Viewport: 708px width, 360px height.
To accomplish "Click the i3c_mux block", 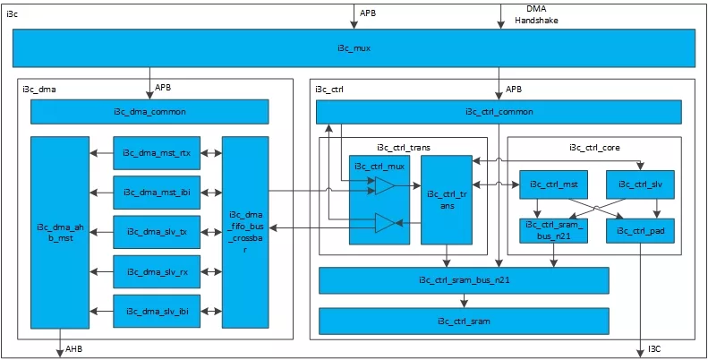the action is (354, 47).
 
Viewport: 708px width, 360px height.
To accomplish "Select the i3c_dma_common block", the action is (149, 112).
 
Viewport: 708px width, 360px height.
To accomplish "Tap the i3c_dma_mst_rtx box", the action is (157, 152).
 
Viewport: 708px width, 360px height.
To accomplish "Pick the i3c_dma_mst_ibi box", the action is (157, 193).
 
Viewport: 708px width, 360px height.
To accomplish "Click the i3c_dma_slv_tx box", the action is (157, 232).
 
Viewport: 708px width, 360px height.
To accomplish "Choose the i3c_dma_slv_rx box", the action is (157, 271).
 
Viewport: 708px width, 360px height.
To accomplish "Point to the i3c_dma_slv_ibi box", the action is (157, 312).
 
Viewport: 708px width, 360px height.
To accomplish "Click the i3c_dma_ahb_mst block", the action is (60, 232).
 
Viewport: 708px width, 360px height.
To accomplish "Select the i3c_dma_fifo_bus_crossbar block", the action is (245, 232).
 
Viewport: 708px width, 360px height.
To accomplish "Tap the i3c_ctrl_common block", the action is (499, 112).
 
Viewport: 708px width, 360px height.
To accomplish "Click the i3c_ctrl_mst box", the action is (553, 184).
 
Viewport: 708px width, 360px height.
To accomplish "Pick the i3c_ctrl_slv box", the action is (641, 184).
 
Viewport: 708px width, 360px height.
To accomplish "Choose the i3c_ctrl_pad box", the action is (641, 231).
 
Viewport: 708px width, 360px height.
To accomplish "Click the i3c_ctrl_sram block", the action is (464, 321).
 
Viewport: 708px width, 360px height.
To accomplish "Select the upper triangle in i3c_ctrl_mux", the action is (385, 185).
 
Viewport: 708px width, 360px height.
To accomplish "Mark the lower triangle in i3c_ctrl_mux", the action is (385, 223).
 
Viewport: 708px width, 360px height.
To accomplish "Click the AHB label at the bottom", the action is (74, 348).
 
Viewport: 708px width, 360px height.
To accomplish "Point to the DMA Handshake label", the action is (537, 15).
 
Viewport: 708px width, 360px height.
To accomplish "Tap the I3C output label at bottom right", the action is (655, 348).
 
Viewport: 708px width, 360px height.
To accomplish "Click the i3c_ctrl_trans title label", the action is (403, 147).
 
